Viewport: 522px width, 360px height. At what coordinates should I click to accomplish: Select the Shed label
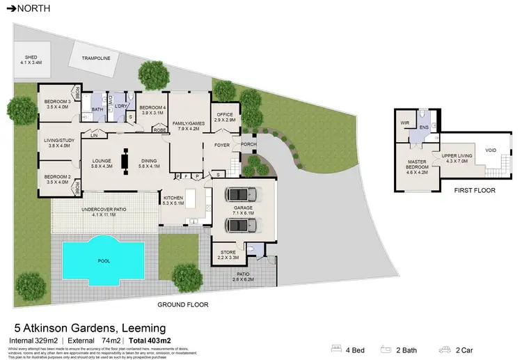click(31, 59)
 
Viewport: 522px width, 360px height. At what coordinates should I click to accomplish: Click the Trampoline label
click(96, 58)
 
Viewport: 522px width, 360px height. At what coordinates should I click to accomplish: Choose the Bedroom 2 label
click(54, 180)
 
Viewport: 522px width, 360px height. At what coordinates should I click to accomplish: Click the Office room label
click(225, 118)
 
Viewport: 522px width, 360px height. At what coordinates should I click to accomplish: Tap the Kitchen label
click(173, 201)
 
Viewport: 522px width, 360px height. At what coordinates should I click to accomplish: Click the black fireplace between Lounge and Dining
click(125, 162)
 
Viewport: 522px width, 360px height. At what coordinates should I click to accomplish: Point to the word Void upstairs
click(491, 150)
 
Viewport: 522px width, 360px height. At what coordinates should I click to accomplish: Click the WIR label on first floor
click(403, 124)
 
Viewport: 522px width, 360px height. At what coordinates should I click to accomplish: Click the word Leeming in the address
click(141, 327)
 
